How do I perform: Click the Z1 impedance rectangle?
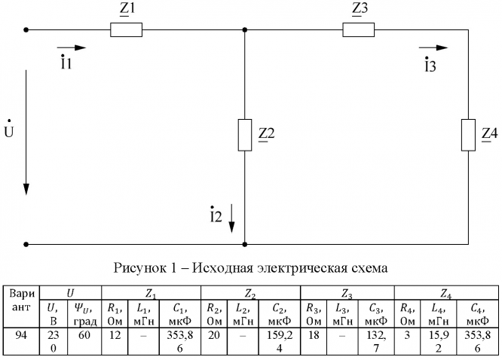[x=126, y=30]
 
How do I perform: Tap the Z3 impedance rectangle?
[x=359, y=30]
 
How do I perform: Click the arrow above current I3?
[x=433, y=48]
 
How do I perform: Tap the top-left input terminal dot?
[x=27, y=30]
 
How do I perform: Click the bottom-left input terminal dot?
[x=27, y=244]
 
